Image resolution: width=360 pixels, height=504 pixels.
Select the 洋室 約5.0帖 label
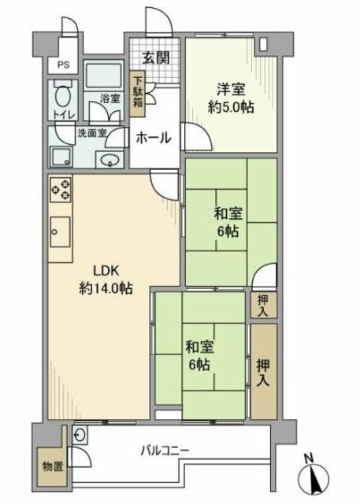coord(232,98)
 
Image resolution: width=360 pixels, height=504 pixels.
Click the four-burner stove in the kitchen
coord(62,190)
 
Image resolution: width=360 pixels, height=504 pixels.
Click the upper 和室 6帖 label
coord(229,221)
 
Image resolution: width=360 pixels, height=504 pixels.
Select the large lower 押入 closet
coord(263,370)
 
